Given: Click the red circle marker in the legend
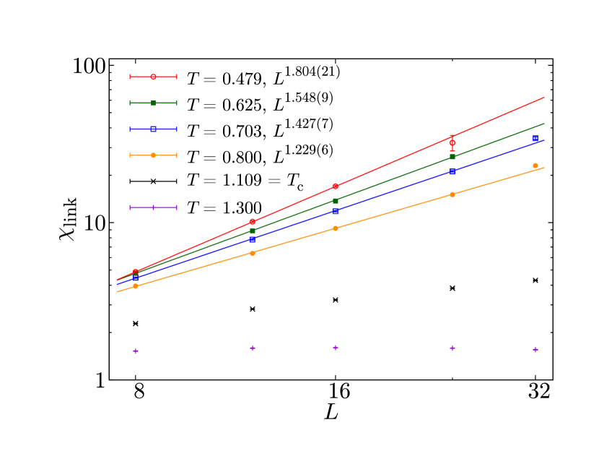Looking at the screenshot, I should coord(153,77).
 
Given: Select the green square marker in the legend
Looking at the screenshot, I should coord(153,103).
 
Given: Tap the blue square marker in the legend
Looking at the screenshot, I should coord(153,129).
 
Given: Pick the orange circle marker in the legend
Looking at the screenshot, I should coord(153,155).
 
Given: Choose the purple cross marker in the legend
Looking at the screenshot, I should coord(153,207).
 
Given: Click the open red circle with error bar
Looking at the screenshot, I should coord(452,143).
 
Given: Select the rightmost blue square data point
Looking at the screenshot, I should coord(535,138).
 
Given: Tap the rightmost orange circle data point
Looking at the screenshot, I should coord(535,166).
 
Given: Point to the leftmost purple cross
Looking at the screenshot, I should coord(136,351).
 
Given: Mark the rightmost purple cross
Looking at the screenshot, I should coord(535,350).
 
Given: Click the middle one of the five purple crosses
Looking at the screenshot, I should coord(336,348).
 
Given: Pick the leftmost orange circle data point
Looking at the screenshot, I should coord(136,286).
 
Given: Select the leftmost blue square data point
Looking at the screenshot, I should coord(136,278).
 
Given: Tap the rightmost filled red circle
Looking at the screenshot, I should coord(336,186).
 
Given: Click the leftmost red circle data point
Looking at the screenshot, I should coord(136,272).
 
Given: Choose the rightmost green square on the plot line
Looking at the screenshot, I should coord(452,157).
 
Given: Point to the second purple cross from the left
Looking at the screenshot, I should coord(253,348).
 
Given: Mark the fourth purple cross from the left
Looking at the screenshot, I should coord(452,348).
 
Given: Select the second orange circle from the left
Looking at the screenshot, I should coord(253,253).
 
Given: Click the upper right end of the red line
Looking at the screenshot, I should coord(543,97).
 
